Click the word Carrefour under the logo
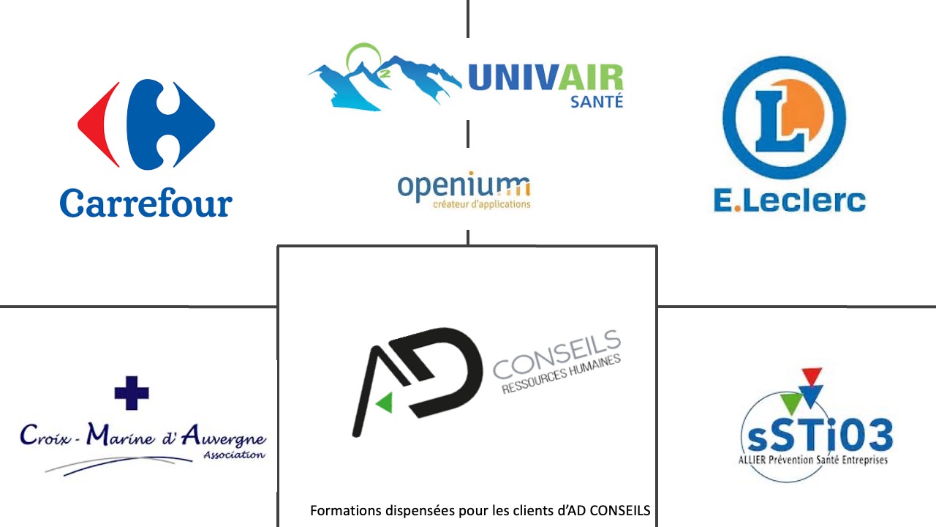(146, 203)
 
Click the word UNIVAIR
(545, 78)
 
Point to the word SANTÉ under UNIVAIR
(596, 102)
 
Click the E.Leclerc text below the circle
(789, 200)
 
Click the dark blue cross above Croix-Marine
(132, 393)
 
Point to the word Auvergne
(224, 438)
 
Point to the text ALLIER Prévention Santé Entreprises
(814, 460)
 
